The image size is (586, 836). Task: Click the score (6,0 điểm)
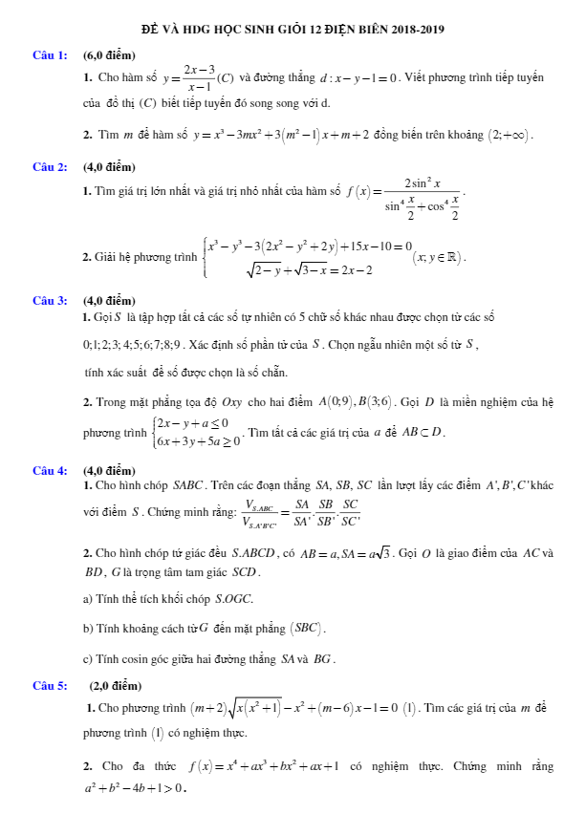tap(109, 55)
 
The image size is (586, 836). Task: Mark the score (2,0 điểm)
tap(115, 685)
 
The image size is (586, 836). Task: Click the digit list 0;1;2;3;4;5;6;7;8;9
tap(137, 344)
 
